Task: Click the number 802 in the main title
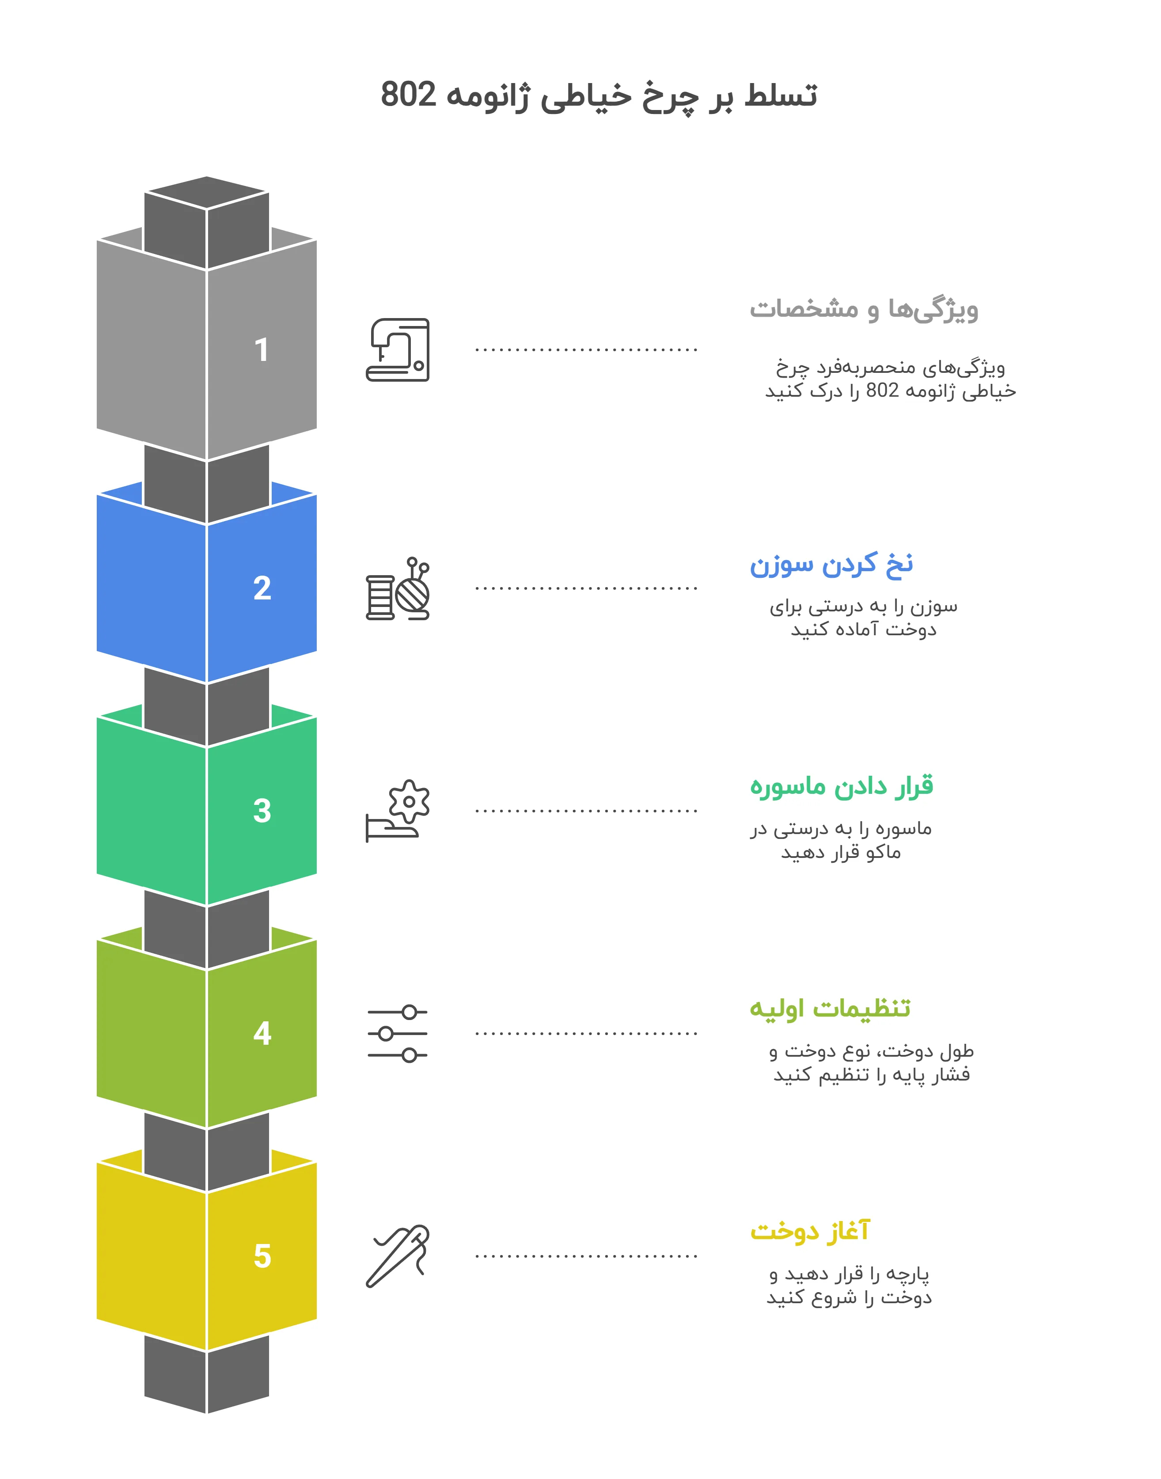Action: coord(408,95)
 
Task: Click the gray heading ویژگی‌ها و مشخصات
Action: coord(863,309)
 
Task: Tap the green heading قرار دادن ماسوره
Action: coord(842,786)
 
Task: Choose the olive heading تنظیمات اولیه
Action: coord(829,1008)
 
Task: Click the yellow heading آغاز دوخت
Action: coord(809,1231)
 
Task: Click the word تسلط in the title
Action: coord(780,95)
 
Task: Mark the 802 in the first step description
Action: coord(882,391)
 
